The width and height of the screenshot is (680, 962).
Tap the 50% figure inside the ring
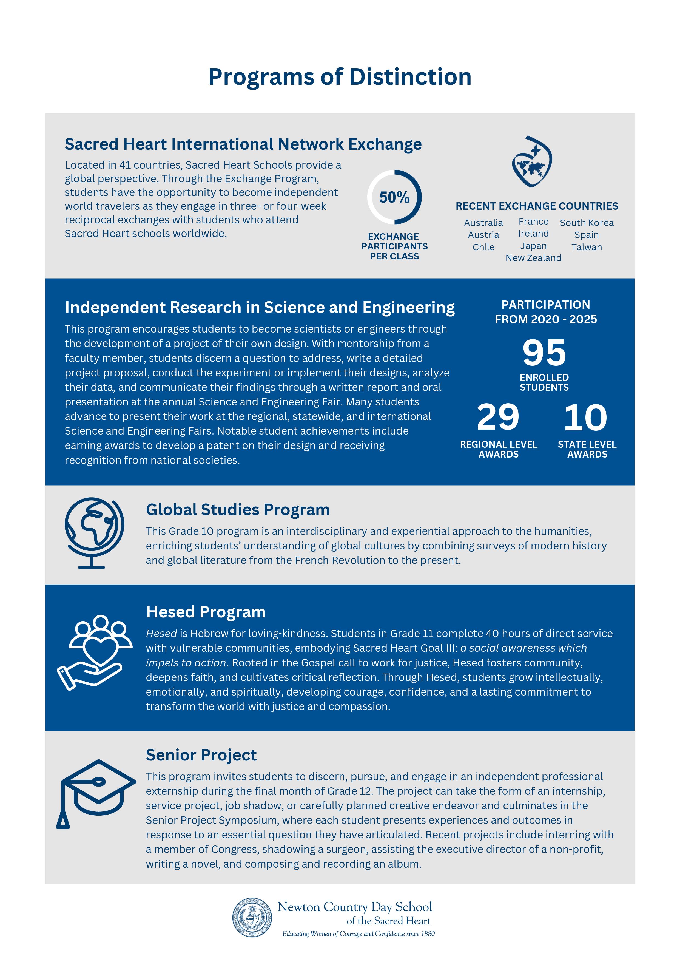click(x=394, y=197)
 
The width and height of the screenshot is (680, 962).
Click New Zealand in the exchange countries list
click(x=533, y=258)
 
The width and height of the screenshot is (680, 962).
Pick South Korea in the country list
click(x=587, y=223)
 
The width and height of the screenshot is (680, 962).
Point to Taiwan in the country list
click(x=587, y=247)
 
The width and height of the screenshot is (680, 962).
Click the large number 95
click(x=544, y=353)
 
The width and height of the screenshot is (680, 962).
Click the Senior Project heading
click(x=201, y=755)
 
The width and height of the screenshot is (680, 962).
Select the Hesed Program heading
click(x=206, y=612)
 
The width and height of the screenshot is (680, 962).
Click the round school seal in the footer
click(x=252, y=918)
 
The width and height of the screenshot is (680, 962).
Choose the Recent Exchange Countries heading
click(x=537, y=206)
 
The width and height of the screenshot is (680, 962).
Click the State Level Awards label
click(x=587, y=449)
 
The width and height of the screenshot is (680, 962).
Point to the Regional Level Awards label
click(x=499, y=449)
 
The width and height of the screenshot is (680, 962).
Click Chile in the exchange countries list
click(x=483, y=247)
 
